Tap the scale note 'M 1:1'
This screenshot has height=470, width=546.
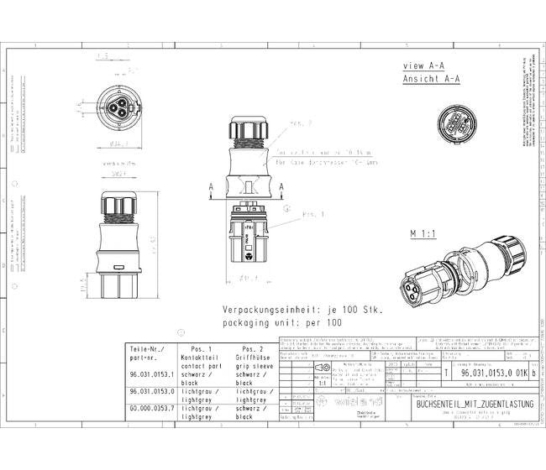(x=426, y=233)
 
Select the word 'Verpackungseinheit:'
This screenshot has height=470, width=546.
(x=268, y=310)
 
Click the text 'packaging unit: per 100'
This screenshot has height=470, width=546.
(x=282, y=322)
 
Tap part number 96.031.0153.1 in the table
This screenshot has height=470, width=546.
(x=151, y=375)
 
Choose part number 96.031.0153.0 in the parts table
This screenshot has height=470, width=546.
(x=151, y=392)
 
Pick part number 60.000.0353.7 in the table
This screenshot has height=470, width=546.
(x=151, y=408)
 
